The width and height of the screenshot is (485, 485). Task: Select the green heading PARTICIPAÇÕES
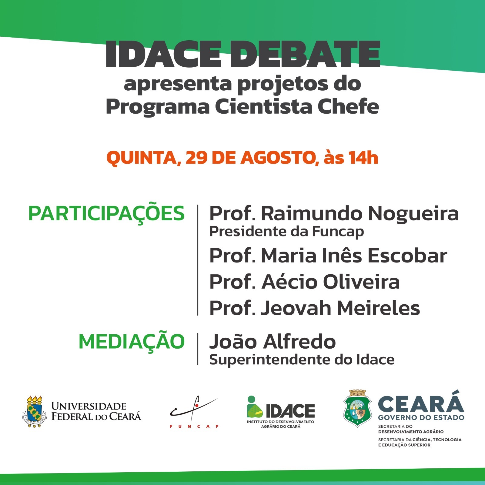click(x=106, y=214)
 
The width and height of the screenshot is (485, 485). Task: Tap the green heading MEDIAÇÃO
click(x=132, y=342)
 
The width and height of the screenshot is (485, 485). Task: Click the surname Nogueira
click(x=413, y=214)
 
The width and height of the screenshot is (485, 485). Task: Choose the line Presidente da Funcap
click(x=286, y=232)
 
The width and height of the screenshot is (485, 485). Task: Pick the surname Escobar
click(x=407, y=255)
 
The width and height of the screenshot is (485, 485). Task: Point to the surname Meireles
click(x=379, y=308)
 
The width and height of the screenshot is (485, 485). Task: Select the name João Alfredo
click(x=273, y=341)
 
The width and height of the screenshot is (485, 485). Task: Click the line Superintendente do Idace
click(x=302, y=360)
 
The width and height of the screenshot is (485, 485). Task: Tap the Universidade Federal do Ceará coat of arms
click(x=34, y=411)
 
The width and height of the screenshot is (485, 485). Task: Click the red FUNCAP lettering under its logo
click(x=194, y=426)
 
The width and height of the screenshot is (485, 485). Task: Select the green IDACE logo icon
click(x=255, y=407)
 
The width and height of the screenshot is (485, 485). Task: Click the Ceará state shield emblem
click(x=358, y=408)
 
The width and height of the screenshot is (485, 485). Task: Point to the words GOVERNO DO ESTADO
click(x=421, y=418)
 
